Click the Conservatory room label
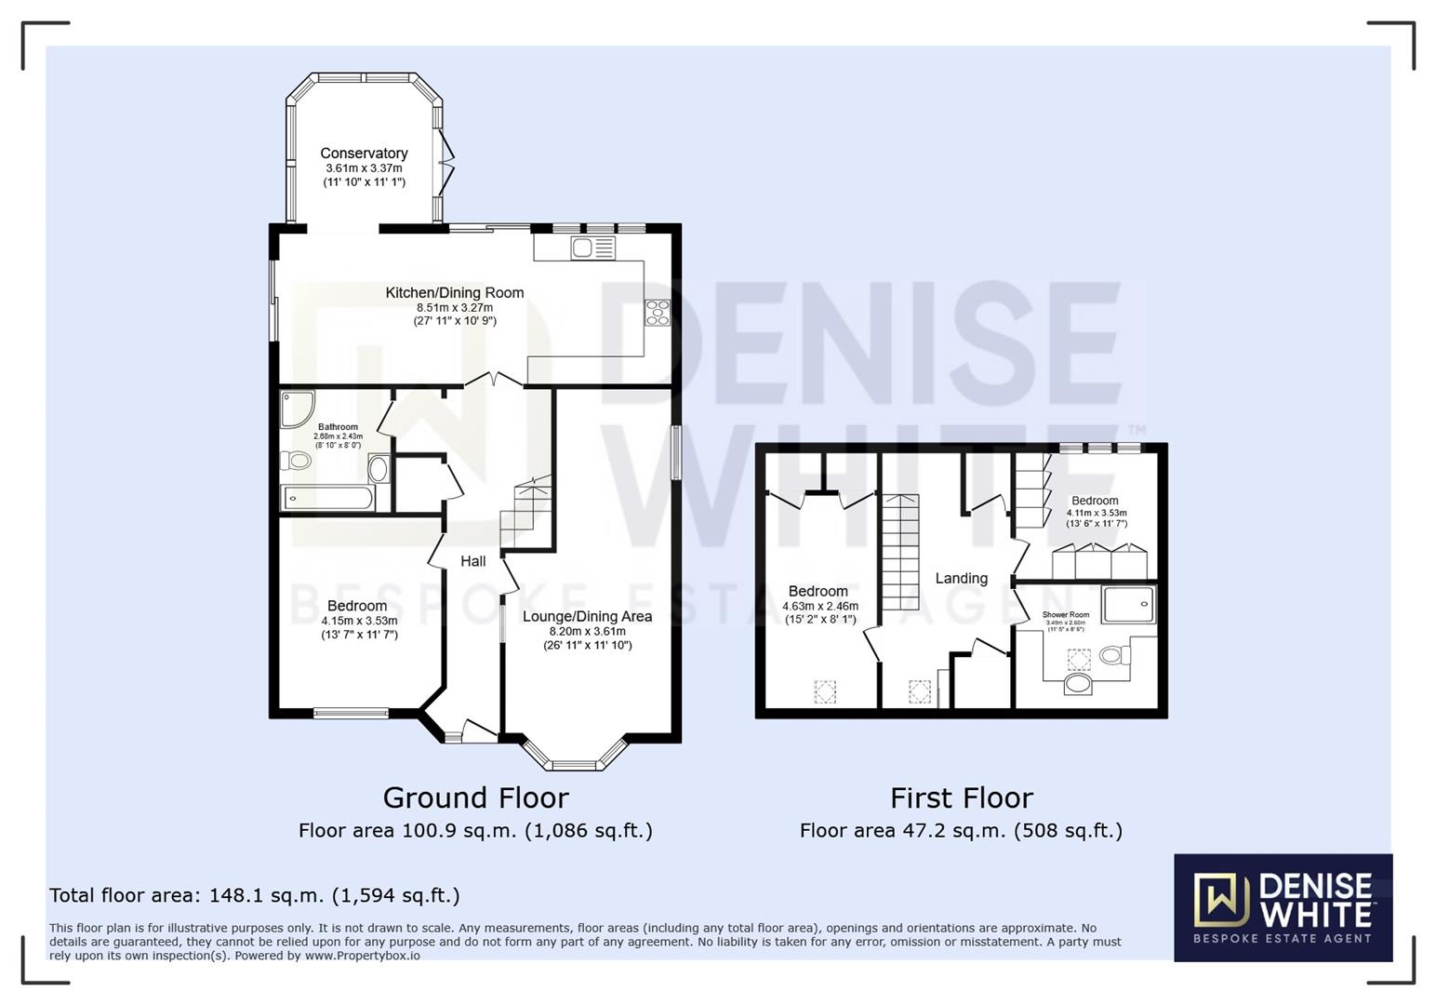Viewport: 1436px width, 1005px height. click(x=364, y=154)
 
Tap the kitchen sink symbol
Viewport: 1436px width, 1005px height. click(x=593, y=248)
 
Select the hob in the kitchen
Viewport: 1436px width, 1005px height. click(x=658, y=313)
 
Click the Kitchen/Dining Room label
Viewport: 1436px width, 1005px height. click(x=455, y=293)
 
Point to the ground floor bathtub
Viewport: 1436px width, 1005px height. click(x=328, y=498)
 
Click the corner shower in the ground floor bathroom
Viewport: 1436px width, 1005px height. click(x=297, y=408)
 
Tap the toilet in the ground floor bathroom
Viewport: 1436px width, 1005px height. click(x=297, y=460)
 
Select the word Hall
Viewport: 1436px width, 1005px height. click(x=472, y=561)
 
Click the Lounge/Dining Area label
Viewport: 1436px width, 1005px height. click(x=587, y=616)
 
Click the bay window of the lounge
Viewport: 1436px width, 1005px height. click(x=573, y=756)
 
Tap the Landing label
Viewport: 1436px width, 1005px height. click(x=961, y=579)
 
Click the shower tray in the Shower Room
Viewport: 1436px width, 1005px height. click(x=1128, y=603)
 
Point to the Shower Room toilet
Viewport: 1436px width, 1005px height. click(x=1113, y=655)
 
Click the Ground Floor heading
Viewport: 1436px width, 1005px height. click(x=475, y=798)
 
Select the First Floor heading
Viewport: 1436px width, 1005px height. click(x=961, y=798)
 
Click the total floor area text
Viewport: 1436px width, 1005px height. click(x=254, y=895)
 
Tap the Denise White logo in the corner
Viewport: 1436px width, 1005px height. click(x=1283, y=907)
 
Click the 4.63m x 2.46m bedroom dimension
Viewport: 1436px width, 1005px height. click(x=819, y=606)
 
